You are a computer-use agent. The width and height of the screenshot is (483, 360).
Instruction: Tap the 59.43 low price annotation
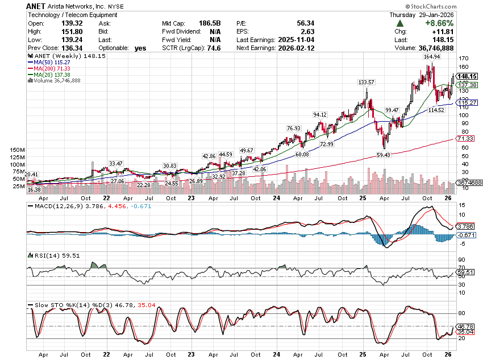384,155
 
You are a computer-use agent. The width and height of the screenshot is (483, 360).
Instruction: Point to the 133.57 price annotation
366,82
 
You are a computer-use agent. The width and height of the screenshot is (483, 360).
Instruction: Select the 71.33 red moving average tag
465,138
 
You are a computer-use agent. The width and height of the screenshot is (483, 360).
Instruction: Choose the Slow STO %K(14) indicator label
57,307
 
